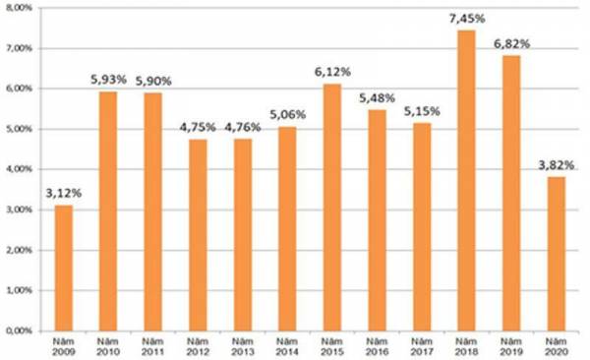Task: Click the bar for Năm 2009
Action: pos(63,268)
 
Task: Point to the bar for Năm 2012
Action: pos(197,235)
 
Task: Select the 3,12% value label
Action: pos(63,193)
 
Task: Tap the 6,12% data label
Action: pos(332,72)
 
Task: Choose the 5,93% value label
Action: pos(108,80)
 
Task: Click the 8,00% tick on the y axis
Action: pos(19,7)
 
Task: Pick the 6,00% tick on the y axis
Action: pos(19,89)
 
